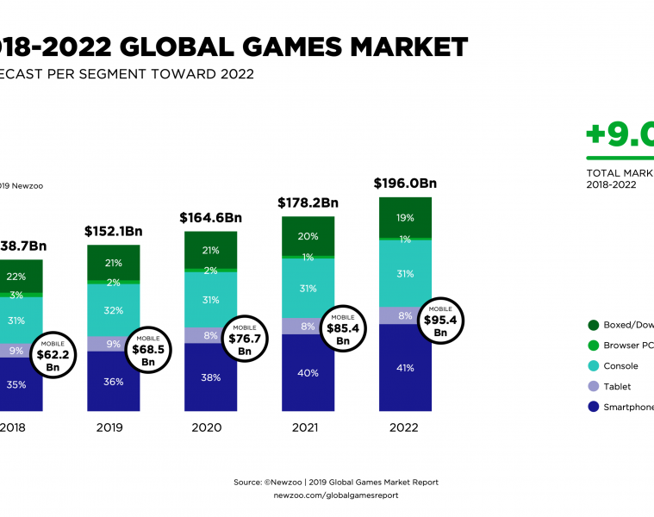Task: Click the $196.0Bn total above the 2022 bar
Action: pos(405,184)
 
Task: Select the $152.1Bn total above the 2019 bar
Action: pos(113,231)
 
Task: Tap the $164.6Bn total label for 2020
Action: pos(210,218)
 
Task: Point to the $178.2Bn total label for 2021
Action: pos(308,203)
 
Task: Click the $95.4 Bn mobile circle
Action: pos(440,320)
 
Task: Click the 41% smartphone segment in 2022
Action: pos(405,368)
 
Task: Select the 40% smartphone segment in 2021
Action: pos(308,373)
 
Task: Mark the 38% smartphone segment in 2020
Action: pos(210,377)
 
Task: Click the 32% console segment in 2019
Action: pos(113,310)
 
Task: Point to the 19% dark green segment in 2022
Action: pos(405,218)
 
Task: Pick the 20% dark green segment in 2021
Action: pos(308,235)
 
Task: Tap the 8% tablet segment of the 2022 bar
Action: pos(405,315)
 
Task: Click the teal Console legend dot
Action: pos(594,366)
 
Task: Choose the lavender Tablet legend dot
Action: pos(594,387)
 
